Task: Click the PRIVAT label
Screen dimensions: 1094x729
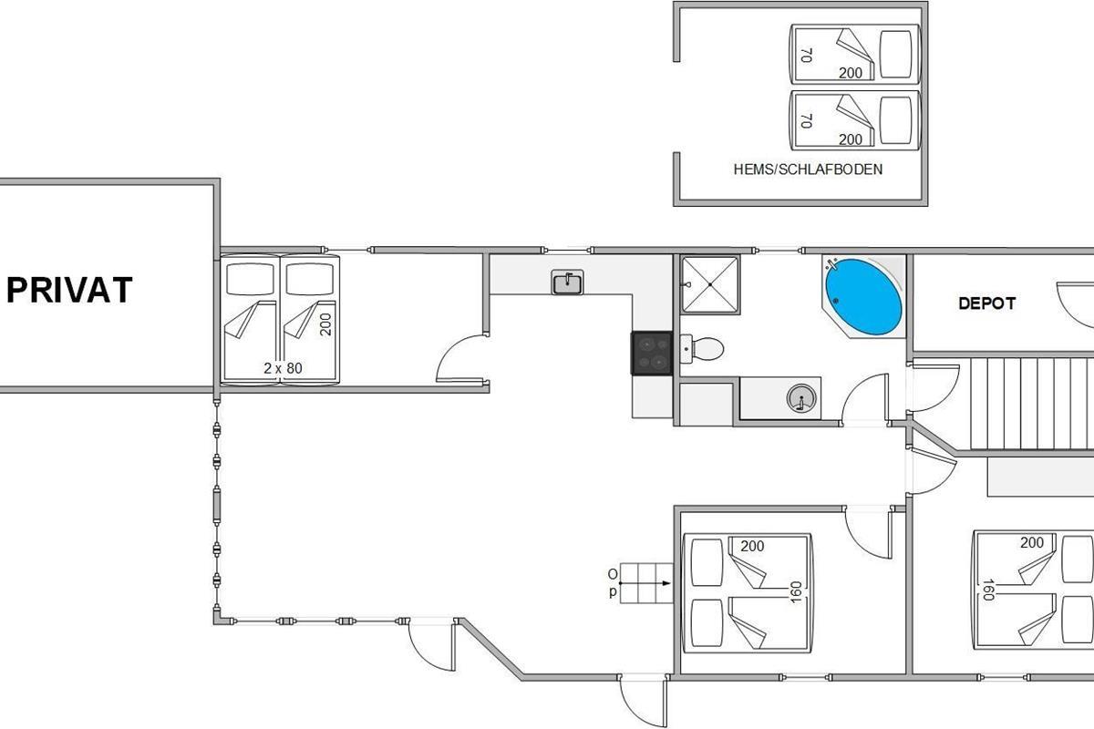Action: (69, 290)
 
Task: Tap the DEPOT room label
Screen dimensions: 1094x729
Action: (986, 303)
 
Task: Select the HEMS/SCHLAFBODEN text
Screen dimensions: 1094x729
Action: (808, 169)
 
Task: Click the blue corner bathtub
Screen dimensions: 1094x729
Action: (863, 297)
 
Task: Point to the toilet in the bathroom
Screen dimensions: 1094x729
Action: (702, 349)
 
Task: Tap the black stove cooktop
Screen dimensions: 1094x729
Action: (652, 353)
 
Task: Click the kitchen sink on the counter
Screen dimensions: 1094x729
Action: (567, 282)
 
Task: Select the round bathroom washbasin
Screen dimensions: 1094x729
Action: (801, 398)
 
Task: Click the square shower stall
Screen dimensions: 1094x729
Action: (710, 284)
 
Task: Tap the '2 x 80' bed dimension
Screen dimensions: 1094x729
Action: (283, 368)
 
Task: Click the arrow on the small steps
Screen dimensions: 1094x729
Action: (645, 583)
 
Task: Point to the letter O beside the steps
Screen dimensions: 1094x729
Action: (613, 574)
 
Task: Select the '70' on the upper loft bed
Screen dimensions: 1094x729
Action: (806, 56)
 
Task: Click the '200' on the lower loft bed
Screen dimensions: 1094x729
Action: (851, 139)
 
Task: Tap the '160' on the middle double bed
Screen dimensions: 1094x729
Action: (796, 592)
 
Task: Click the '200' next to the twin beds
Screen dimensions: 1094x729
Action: (325, 324)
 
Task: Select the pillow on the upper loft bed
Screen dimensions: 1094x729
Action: (895, 54)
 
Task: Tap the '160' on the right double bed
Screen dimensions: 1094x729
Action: (988, 590)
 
